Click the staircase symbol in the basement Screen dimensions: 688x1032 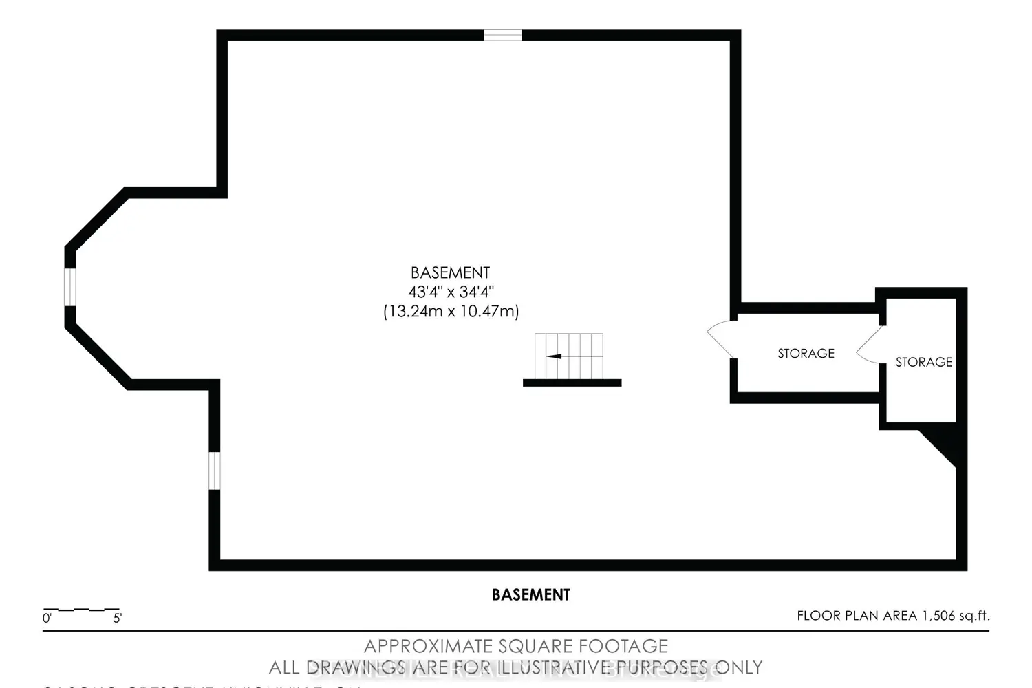click(x=569, y=356)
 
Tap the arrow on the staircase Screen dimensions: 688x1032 click(x=554, y=356)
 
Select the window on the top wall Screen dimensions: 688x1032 click(x=503, y=35)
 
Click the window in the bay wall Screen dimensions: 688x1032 click(x=69, y=287)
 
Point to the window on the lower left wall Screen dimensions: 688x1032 click(x=215, y=471)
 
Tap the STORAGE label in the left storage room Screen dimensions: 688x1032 click(x=806, y=354)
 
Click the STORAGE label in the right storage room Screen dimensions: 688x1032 click(x=923, y=362)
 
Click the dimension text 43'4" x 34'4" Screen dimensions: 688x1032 click(x=451, y=292)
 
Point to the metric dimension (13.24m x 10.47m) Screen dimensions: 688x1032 click(x=451, y=312)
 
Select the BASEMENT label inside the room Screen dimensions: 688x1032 click(x=450, y=272)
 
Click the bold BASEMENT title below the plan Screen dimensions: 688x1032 click(x=530, y=594)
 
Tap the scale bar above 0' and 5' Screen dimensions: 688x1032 click(x=81, y=610)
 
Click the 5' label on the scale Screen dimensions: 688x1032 click(x=117, y=619)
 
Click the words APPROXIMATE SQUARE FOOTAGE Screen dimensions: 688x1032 click(x=515, y=647)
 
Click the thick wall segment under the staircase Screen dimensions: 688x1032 click(x=572, y=383)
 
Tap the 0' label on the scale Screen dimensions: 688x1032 click(x=47, y=619)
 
